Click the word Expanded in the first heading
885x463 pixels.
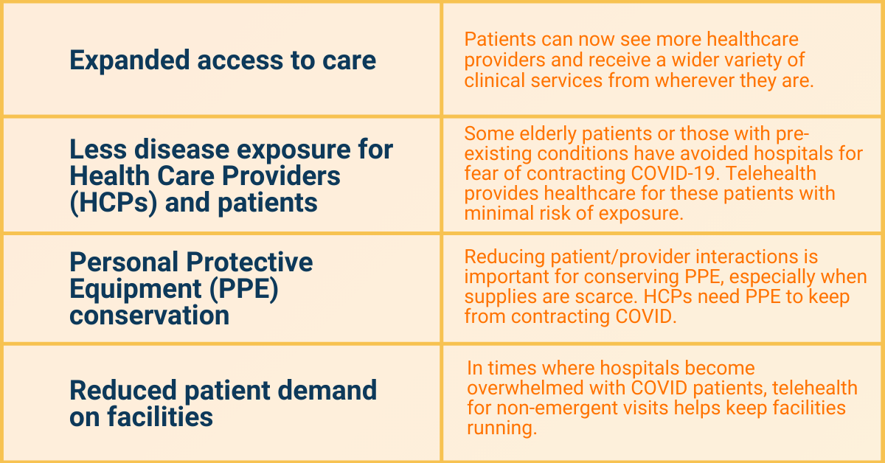click(x=130, y=60)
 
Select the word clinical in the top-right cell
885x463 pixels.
click(x=495, y=80)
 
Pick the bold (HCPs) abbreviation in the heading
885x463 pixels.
click(x=114, y=203)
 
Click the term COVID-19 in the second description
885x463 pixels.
click(x=674, y=173)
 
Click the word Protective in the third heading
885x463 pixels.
click(x=249, y=262)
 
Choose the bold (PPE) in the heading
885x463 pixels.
click(x=244, y=289)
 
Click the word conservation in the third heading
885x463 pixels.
click(x=149, y=316)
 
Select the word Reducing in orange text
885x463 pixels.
click(x=504, y=257)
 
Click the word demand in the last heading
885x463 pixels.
click(x=327, y=390)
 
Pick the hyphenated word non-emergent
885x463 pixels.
click(x=557, y=408)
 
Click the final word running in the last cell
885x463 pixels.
click(x=502, y=428)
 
